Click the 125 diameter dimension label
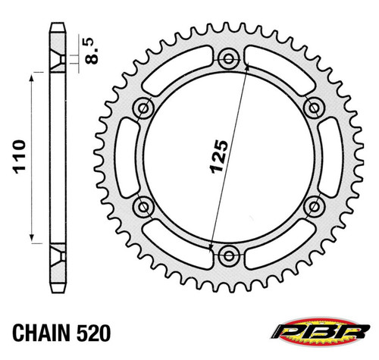point(219,157)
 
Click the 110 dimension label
point(20,157)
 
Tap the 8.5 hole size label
point(91,51)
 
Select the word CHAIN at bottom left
point(41,333)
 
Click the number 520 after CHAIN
point(94,333)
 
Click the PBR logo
point(321,332)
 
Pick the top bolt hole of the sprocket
point(229,59)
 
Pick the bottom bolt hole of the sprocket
point(229,255)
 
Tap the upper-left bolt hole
point(144,108)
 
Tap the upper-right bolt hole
point(314,108)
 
